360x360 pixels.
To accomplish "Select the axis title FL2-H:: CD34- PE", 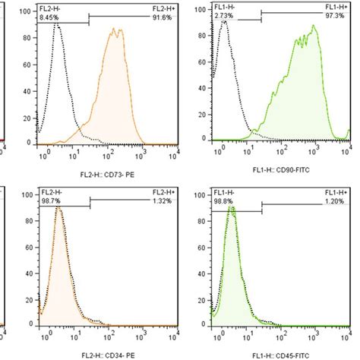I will [x=108, y=352].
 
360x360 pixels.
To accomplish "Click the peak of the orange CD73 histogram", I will [x=114, y=30].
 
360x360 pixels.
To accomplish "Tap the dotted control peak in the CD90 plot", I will [x=224, y=22].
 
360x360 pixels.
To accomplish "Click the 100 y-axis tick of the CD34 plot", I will [x=27, y=194].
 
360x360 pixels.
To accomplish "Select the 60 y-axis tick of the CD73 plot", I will [x=28, y=65].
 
